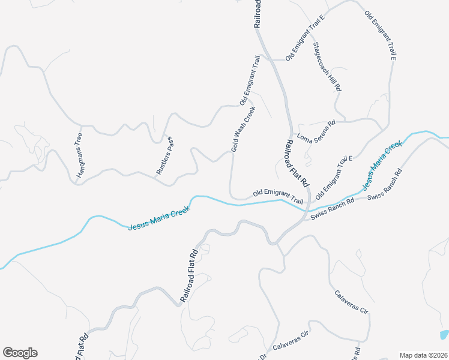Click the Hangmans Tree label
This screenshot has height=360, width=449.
tap(79, 155)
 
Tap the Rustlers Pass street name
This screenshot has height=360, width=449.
tap(164, 156)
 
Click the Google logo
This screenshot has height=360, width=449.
tap(20, 353)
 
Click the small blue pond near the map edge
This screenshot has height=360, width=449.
tap(444, 334)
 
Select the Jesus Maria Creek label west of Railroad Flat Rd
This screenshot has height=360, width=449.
tap(158, 218)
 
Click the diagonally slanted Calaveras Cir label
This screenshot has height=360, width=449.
tap(351, 302)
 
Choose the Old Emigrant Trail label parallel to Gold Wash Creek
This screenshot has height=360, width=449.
tap(250, 80)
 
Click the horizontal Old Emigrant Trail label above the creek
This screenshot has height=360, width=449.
tap(278, 196)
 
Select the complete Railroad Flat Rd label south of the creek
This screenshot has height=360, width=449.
tap(189, 275)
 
